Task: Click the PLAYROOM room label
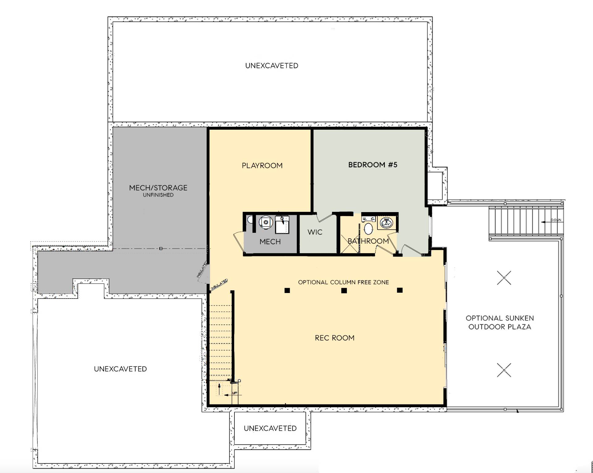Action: (262, 165)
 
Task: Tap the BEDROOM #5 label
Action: (372, 165)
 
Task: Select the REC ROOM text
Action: (334, 338)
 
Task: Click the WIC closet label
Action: (315, 232)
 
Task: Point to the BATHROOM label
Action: (368, 241)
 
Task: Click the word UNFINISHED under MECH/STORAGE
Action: (158, 195)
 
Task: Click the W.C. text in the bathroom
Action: (368, 219)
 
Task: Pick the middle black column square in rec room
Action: (344, 291)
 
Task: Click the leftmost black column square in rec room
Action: (287, 291)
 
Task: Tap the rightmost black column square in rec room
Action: (400, 290)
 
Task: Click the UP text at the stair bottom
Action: (235, 393)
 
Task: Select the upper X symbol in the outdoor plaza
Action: (504, 278)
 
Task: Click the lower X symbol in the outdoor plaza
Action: (504, 370)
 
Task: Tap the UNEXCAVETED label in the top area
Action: (271, 66)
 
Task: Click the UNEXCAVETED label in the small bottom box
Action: (270, 428)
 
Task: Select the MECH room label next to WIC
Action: (270, 242)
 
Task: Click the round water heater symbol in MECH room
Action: (266, 222)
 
